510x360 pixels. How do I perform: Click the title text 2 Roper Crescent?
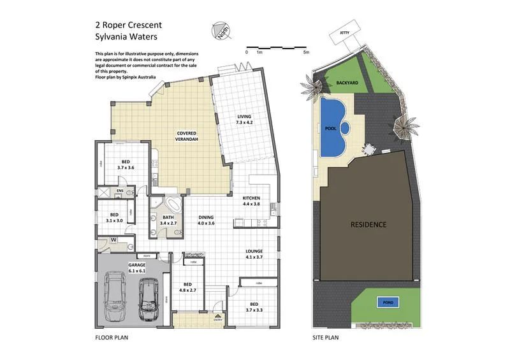[x=128, y=25]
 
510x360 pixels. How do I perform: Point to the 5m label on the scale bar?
[x=306, y=52]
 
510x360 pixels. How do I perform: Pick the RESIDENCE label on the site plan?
[x=368, y=224]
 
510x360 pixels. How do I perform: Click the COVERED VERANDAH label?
[x=190, y=136]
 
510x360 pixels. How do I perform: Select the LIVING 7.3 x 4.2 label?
[x=245, y=119]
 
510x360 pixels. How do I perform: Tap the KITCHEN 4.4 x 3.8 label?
[x=251, y=201]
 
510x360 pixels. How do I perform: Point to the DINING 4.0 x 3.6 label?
[x=205, y=220]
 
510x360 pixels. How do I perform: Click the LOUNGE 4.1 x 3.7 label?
[x=254, y=254]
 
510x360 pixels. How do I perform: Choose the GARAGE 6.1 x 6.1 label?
[x=137, y=267]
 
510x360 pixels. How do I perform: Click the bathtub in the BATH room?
[x=170, y=205]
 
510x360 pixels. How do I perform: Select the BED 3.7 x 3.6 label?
[x=126, y=164]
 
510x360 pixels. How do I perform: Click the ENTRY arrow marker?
[x=218, y=316]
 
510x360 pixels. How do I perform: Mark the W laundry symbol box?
[x=113, y=240]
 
